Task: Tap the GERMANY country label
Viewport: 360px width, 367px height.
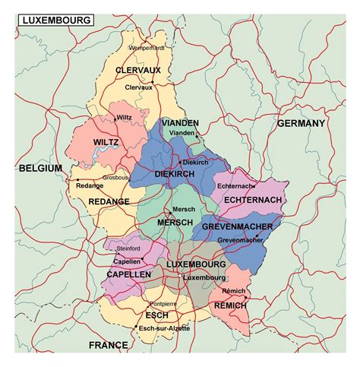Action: tap(301, 123)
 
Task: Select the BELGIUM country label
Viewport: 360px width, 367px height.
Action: tap(40, 168)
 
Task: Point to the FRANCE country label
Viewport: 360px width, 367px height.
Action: tap(108, 345)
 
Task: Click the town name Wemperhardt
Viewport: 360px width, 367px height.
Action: tap(147, 48)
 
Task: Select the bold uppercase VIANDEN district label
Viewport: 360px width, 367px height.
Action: tap(180, 122)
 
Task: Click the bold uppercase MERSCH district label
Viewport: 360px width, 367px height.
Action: tap(175, 223)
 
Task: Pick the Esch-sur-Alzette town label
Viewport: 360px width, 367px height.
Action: tap(165, 328)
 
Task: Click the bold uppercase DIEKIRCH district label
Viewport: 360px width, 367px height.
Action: tap(175, 175)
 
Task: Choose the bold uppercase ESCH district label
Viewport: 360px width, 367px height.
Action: tap(156, 315)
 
